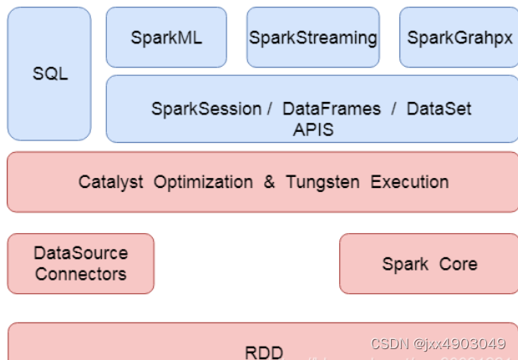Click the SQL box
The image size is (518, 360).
pos(49,74)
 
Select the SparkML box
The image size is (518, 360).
pos(166,38)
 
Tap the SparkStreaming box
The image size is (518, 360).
pos(313,38)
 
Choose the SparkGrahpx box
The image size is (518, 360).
pos(458,38)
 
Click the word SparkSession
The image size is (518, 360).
pos(206,109)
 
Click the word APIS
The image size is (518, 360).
pos(312,129)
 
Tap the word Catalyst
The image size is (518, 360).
pos(109,182)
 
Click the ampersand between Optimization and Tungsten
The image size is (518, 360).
pos(269,182)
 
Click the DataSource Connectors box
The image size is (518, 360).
pos(81,263)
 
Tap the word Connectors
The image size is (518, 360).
pos(81,274)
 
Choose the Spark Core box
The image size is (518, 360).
pos(429,264)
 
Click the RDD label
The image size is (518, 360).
pos(264,352)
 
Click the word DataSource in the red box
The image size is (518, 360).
pos(81,253)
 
